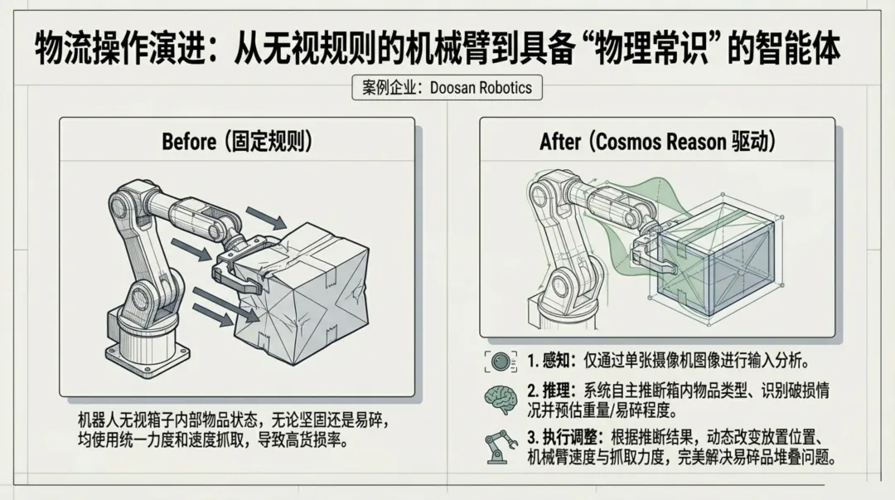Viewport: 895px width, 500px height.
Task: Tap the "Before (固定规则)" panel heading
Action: (237, 141)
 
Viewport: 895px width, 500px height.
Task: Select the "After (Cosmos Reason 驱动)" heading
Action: (657, 141)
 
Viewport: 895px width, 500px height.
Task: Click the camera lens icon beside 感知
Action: (501, 362)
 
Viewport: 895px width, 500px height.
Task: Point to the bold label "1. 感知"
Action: (548, 362)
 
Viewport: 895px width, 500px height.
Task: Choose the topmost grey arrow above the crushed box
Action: (267, 218)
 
